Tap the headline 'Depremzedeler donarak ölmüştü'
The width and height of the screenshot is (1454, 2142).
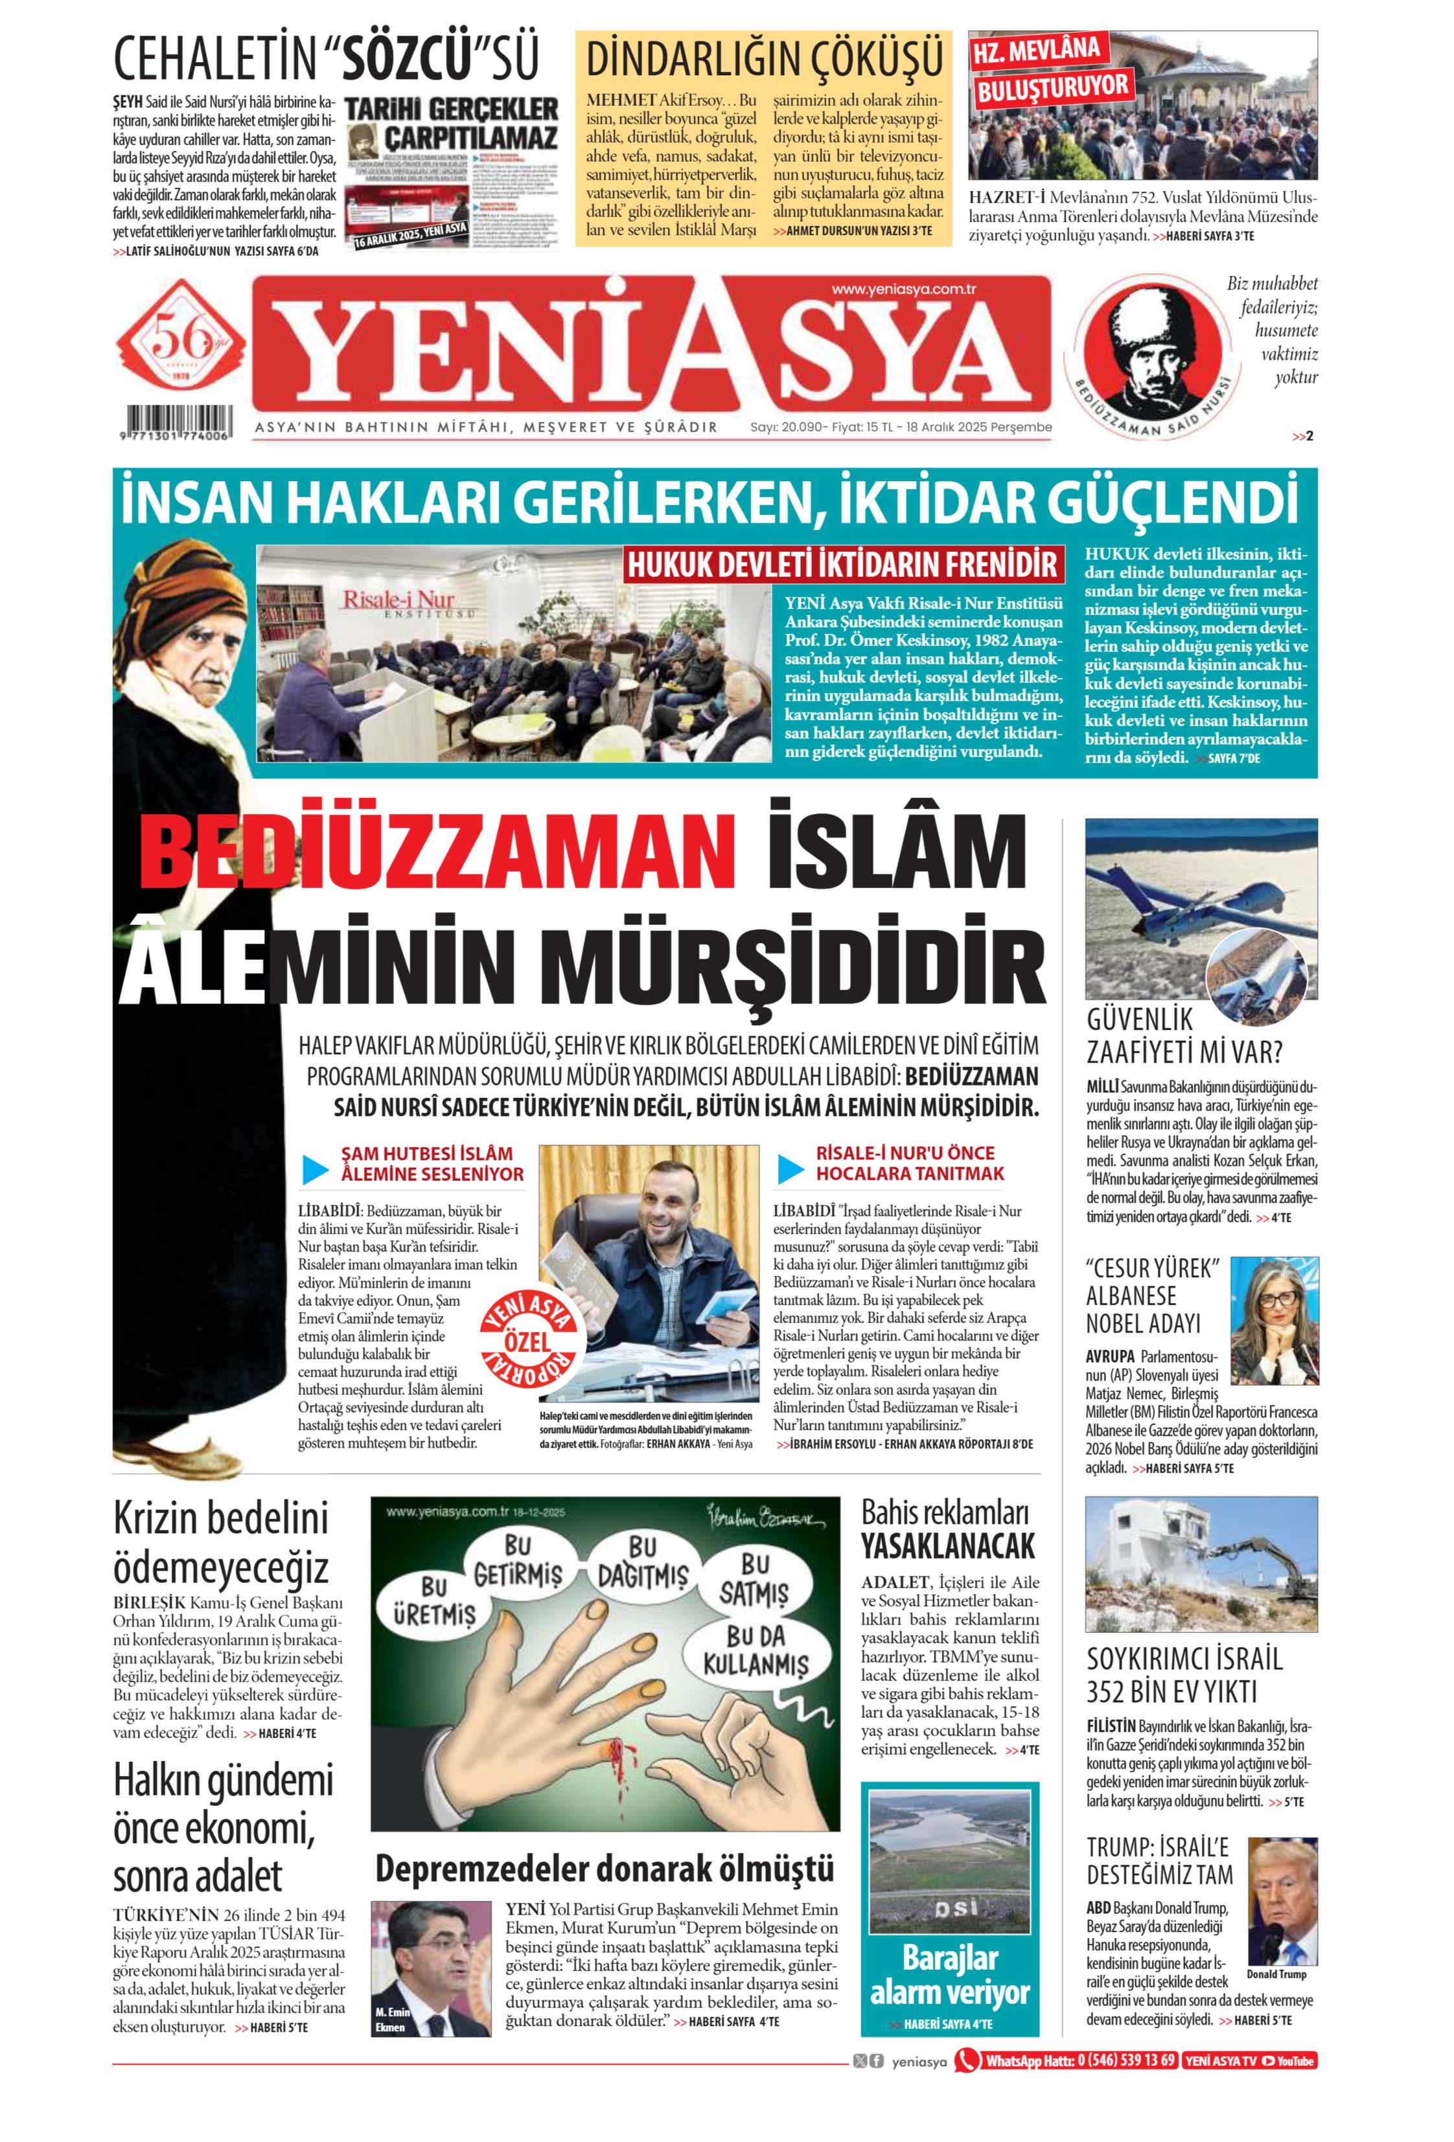pyautogui.click(x=604, y=1868)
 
